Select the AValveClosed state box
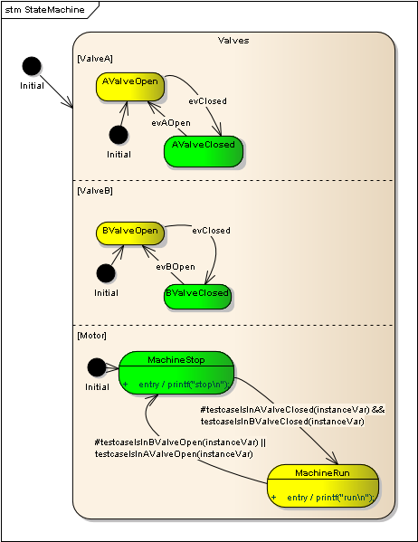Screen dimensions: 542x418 [x=204, y=151]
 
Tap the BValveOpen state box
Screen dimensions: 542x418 [x=129, y=233]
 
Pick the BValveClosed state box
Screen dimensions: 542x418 [x=197, y=296]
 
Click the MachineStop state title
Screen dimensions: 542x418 [x=176, y=359]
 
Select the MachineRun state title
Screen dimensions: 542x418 [x=322, y=473]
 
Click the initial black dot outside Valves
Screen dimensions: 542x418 [x=32, y=66]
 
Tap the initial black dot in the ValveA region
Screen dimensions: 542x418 [x=118, y=135]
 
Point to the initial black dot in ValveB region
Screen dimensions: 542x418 [x=106, y=273]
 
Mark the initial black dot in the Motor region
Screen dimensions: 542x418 [x=97, y=367]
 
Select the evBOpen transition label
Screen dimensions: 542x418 [x=175, y=267]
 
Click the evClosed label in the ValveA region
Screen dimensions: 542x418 [x=207, y=100]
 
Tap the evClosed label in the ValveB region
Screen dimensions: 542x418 [x=211, y=231]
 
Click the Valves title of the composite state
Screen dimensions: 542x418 [x=233, y=41]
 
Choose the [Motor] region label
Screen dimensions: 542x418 [x=91, y=336]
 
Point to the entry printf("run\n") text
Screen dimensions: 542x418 [x=328, y=498]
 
